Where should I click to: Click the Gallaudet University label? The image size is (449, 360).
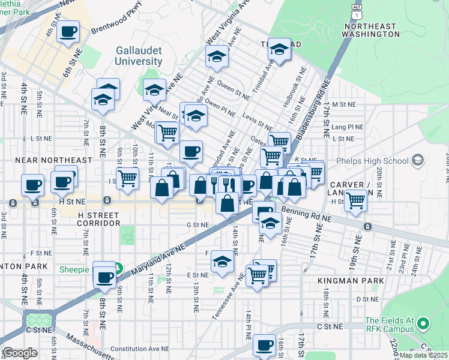(x=130, y=55)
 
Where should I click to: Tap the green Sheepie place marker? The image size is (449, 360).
(x=119, y=269)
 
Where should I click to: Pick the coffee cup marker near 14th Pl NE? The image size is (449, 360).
(x=264, y=345)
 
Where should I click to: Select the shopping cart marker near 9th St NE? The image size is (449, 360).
(x=127, y=178)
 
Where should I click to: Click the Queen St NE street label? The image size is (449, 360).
(x=234, y=89)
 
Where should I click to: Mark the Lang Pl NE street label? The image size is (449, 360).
(x=347, y=127)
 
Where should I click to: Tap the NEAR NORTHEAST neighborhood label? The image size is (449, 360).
(x=53, y=160)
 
